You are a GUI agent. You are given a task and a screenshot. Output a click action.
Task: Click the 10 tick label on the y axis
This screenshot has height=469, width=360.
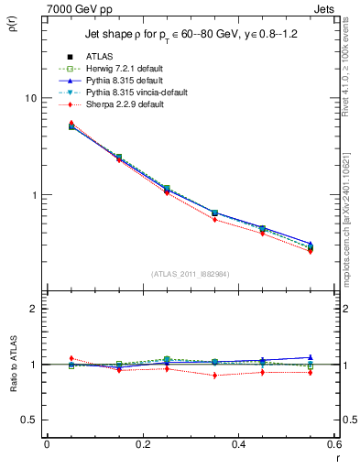pyautogui.click(x=29, y=98)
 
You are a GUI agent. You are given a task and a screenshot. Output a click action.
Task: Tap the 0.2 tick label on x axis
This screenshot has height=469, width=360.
pyautogui.click(x=142, y=443)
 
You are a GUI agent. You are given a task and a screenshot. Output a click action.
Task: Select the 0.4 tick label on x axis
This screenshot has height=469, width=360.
pyautogui.click(x=238, y=443)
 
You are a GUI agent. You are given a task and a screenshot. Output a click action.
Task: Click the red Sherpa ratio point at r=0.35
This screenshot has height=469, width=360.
pyautogui.click(x=214, y=375)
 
